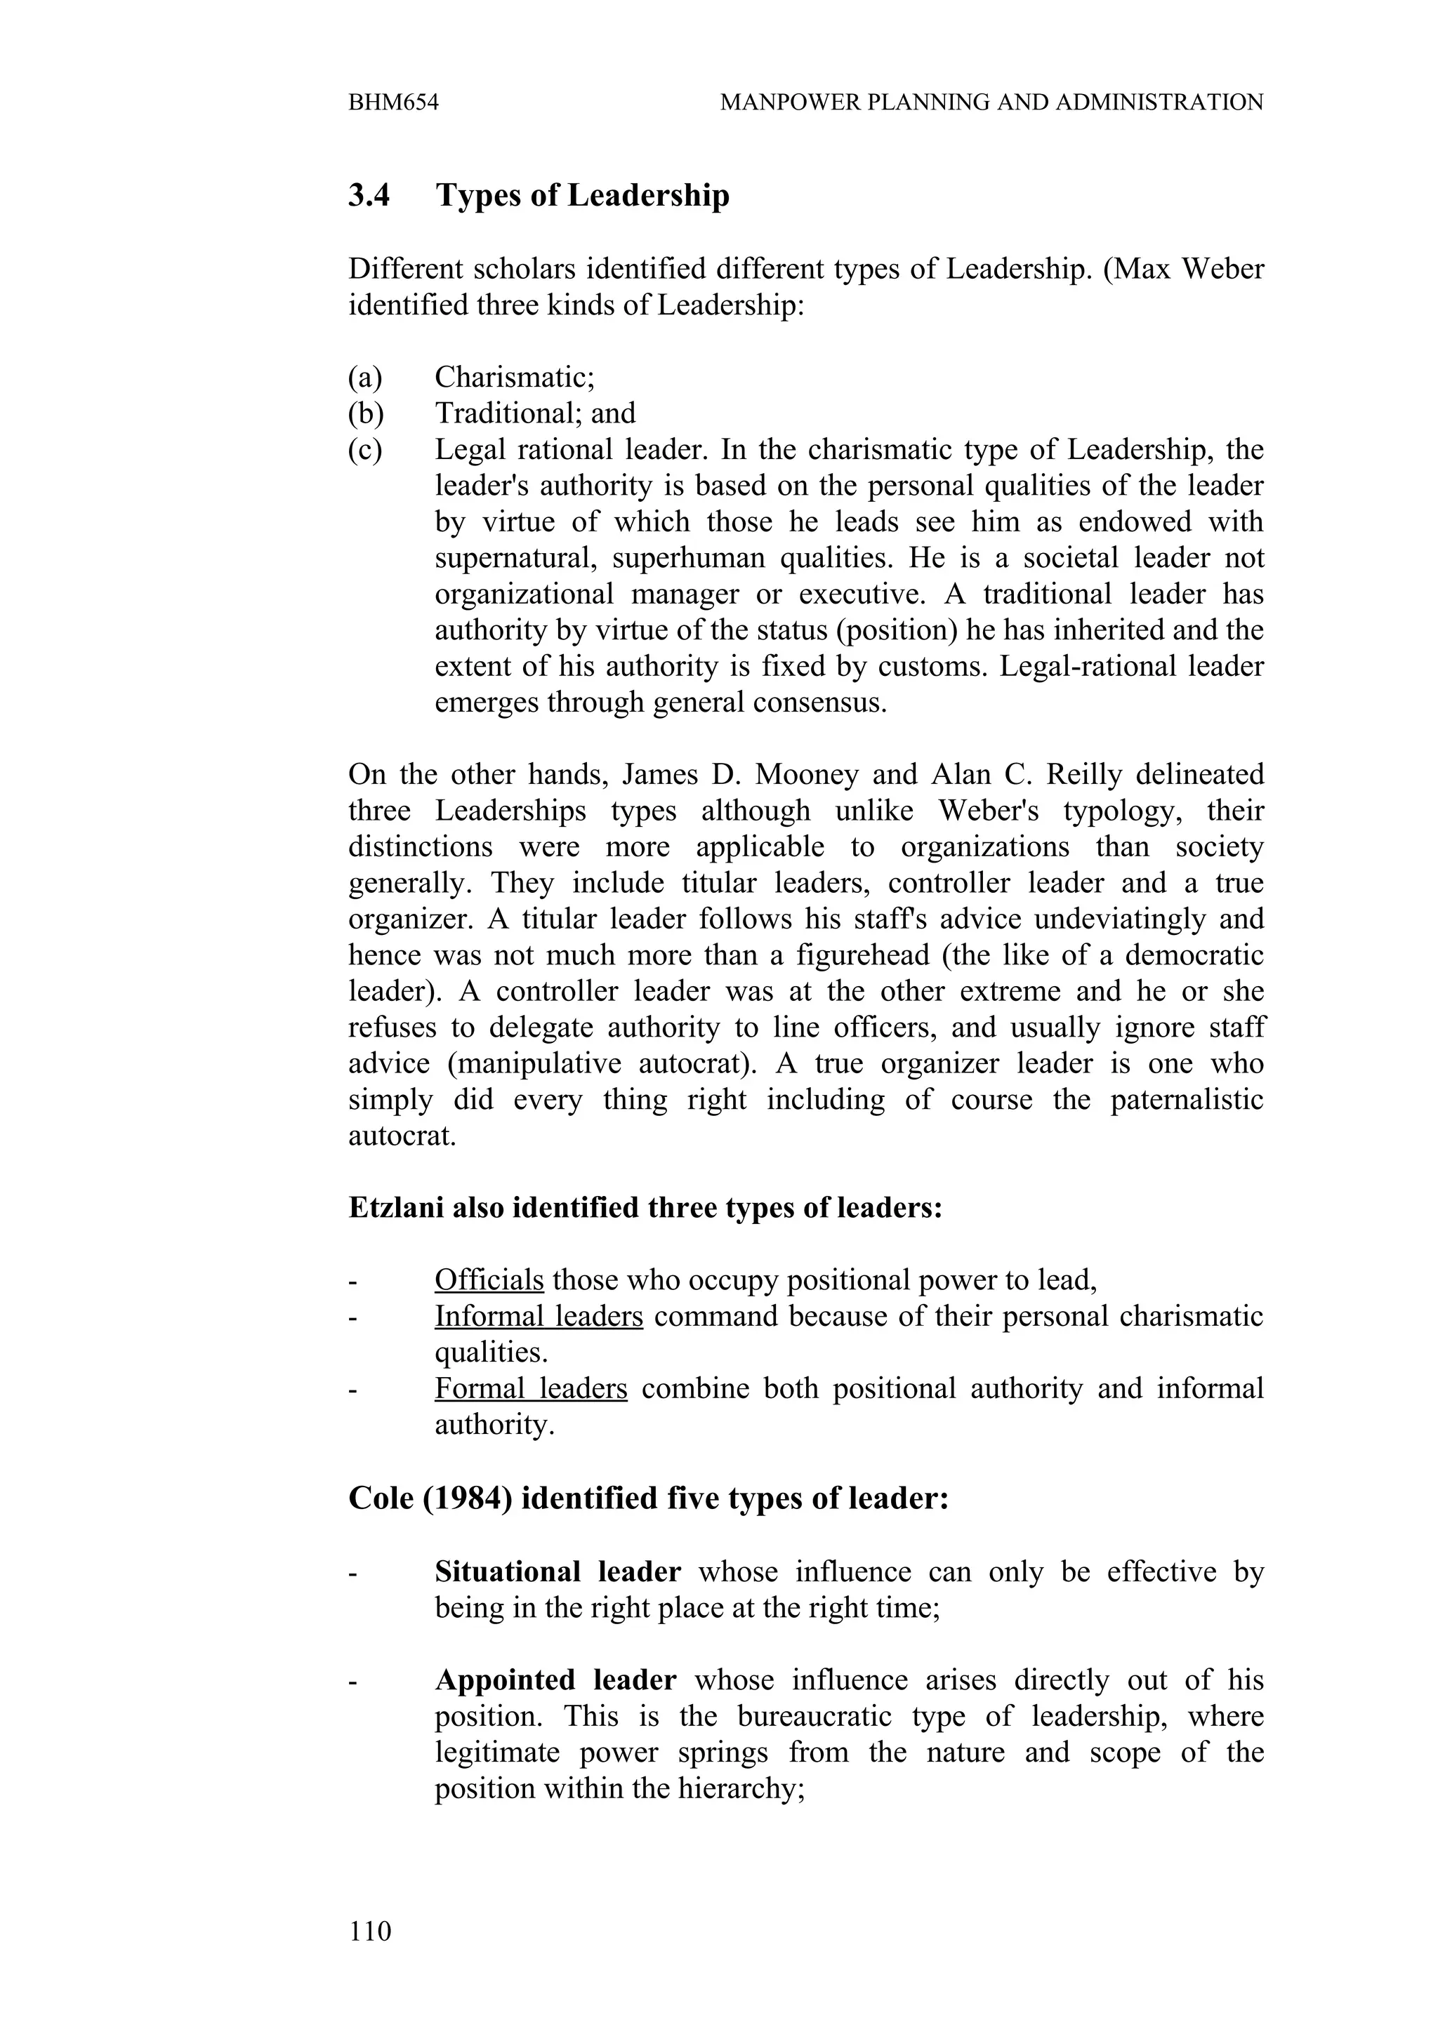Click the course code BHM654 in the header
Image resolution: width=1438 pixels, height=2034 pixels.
[x=393, y=102]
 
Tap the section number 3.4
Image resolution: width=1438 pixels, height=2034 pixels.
[x=369, y=195]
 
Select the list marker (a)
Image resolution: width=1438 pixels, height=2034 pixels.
[x=365, y=378]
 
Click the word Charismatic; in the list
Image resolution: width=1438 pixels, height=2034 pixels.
[x=514, y=378]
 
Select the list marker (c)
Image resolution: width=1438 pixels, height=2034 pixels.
[x=365, y=450]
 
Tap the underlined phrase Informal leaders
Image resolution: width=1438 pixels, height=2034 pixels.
[x=538, y=1317]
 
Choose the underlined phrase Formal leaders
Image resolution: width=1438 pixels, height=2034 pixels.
[x=531, y=1388]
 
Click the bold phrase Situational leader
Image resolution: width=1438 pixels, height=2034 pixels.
[x=558, y=1571]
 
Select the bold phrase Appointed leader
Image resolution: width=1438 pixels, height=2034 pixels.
[x=555, y=1680]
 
